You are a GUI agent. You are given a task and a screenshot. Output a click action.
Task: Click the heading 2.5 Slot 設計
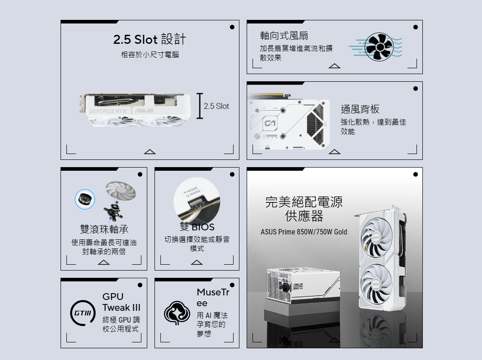pos(150,39)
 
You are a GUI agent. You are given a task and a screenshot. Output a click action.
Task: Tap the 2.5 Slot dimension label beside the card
pos(216,106)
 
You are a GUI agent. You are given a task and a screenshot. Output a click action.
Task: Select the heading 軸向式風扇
pos(284,36)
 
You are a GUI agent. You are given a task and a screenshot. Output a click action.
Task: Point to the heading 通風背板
pos(360,109)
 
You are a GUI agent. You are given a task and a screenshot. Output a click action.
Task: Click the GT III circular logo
pos(83,313)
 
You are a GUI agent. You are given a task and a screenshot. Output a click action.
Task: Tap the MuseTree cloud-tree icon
pos(177,313)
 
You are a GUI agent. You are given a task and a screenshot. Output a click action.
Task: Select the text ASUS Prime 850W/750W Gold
pos(304,232)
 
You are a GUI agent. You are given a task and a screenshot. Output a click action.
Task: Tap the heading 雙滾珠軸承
pos(104,229)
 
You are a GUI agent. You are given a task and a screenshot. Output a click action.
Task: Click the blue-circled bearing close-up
pos(84,199)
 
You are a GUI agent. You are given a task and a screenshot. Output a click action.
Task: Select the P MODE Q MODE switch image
pos(197,200)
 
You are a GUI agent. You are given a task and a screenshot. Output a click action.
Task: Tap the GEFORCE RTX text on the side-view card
pos(108,111)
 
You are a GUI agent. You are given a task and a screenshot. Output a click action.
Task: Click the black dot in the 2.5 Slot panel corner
pos(232,27)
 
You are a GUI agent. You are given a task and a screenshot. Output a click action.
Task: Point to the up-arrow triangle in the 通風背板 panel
pos(334,152)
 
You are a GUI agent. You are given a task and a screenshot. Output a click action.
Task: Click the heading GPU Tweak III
pos(122,302)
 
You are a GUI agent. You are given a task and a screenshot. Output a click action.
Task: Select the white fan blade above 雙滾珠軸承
pos(121,191)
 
